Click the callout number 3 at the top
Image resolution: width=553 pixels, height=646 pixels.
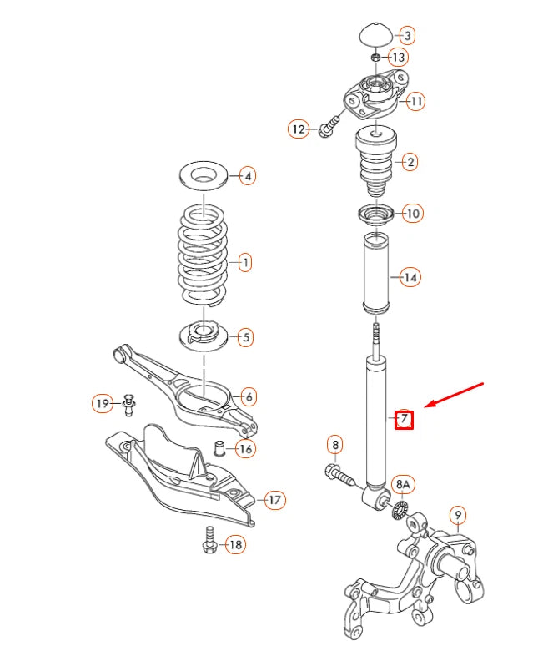coord(407,36)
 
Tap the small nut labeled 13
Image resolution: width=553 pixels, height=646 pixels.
coord(376,57)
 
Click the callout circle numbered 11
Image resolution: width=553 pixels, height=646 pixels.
coord(415,101)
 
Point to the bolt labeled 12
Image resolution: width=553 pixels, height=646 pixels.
coord(328,128)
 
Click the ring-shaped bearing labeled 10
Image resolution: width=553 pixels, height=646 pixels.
coord(378,214)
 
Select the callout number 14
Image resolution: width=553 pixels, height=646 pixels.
coord(410,276)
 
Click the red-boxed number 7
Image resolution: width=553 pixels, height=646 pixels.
coord(404,418)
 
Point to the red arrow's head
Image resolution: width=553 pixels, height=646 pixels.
coord(428,406)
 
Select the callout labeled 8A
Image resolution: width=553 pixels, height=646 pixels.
coord(404,483)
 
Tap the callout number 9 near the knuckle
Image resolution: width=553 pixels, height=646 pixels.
coord(457,514)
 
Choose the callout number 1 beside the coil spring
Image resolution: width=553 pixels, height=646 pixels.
coord(244,263)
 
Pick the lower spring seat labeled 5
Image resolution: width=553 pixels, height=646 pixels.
coord(202,338)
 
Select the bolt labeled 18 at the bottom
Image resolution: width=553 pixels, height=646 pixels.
coord(208,543)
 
